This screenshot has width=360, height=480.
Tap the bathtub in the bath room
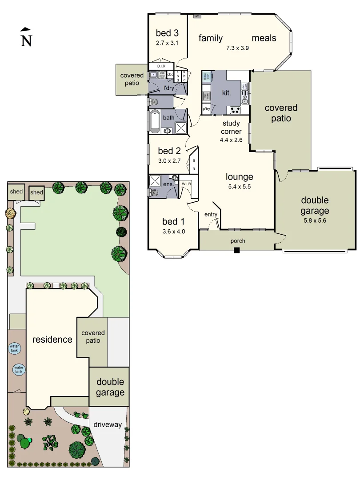coord(155,120)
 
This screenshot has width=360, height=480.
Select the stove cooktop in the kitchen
coord(234,110)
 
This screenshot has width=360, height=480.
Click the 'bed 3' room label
coord(167,33)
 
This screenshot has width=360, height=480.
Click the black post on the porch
coord(237,251)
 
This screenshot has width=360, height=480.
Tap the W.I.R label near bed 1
coord(186,184)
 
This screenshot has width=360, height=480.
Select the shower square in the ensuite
coord(156,180)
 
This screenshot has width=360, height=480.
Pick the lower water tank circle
coord(18,369)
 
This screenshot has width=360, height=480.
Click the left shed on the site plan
coord(16,192)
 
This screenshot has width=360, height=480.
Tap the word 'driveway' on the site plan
coord(108,424)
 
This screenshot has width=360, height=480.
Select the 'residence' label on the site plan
coord(52,340)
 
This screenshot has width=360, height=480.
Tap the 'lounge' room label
coord(239,177)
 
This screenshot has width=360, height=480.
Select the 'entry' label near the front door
coord(211,215)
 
